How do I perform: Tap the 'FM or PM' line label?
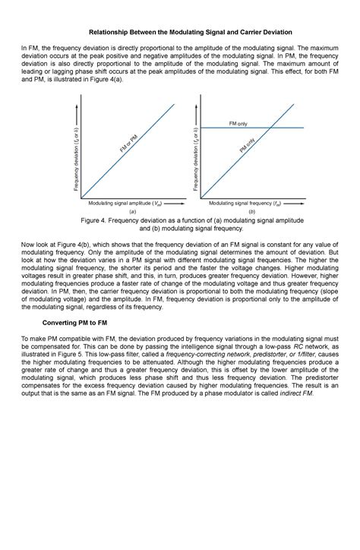point(128,142)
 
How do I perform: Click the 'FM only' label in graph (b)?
point(238,122)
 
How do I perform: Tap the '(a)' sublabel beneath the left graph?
point(132,212)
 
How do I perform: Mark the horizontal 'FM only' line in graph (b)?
point(220,128)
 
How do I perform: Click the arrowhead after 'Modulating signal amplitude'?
point(180,204)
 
